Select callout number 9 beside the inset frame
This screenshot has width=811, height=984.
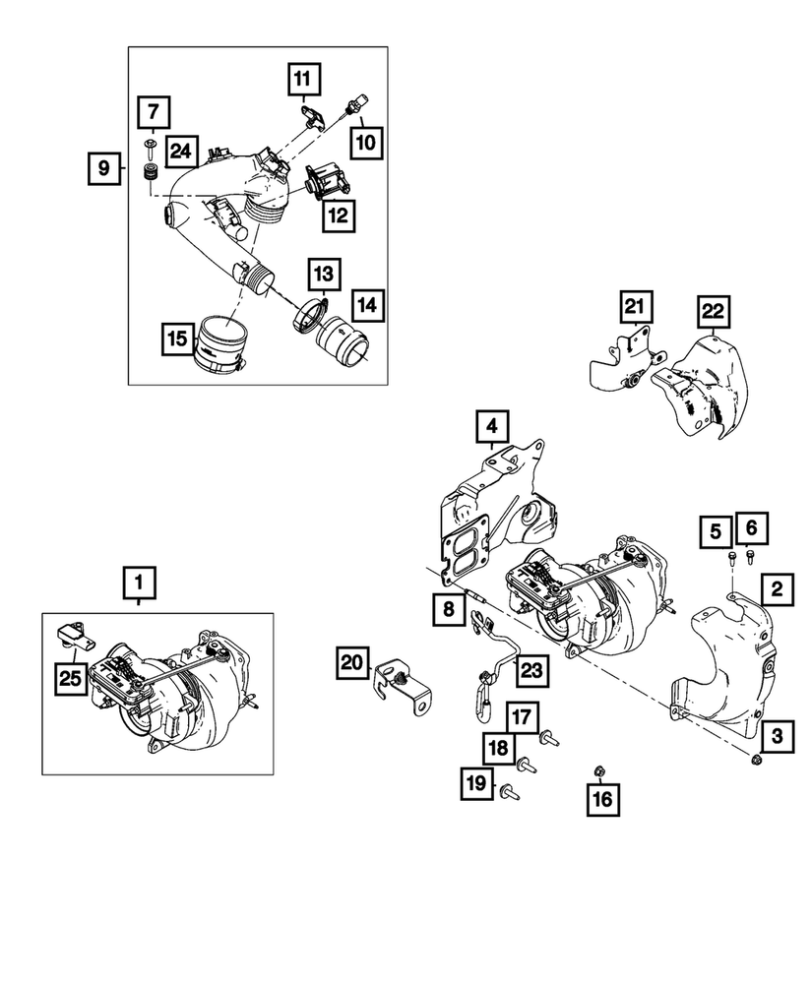102,169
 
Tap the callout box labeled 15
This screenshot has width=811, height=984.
177,339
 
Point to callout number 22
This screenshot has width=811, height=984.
713,312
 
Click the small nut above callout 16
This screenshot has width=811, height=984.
599,769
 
